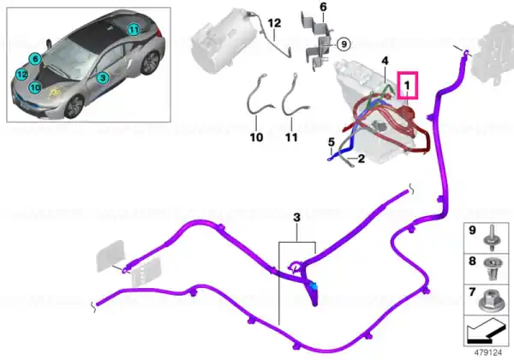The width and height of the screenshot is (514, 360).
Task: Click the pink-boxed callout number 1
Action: coord(408,85)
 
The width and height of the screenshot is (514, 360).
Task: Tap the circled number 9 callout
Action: coord(344,44)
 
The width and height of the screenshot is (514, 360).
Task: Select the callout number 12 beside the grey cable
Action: coord(274,23)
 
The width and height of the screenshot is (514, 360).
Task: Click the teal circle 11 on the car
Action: coord(134,30)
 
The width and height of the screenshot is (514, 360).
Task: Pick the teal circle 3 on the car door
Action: coord(103,78)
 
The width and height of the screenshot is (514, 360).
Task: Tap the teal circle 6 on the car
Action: coord(35,59)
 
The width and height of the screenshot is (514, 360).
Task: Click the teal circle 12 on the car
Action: coord(21,75)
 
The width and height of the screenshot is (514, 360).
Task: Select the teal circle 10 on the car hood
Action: coord(35,87)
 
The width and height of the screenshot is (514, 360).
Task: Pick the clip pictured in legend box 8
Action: coord(492,268)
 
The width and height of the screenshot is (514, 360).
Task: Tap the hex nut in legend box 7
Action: coord(491,301)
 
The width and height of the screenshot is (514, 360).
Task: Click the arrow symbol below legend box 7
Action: coord(486,331)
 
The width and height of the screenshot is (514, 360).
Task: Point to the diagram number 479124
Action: coord(488,352)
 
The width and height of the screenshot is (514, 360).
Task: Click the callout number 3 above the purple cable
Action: coord(296,217)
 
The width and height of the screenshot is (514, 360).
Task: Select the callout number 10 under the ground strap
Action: coord(256,137)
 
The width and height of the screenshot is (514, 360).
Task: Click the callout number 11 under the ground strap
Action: coord(291,137)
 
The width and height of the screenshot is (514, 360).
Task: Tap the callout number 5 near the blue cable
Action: coord(332,142)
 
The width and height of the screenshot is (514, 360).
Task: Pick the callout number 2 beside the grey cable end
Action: coord(362,159)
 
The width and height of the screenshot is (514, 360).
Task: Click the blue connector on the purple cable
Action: coord(314,286)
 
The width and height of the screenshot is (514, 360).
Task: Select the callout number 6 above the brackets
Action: coord(323,7)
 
